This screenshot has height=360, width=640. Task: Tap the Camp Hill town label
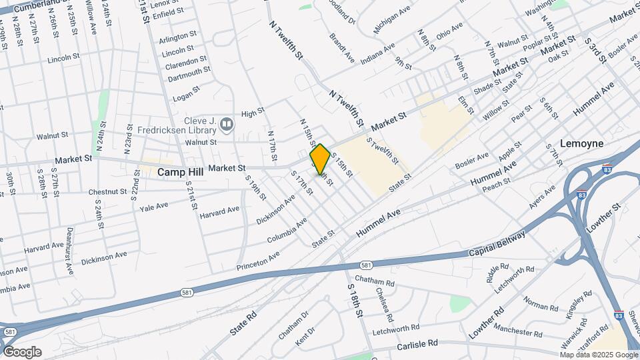[x=180, y=171]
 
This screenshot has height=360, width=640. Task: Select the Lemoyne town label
[x=581, y=143]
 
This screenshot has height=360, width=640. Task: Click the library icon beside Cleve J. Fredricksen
[x=227, y=124]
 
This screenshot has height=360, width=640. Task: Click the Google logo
[x=21, y=352]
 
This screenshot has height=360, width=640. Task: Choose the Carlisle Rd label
[x=415, y=343]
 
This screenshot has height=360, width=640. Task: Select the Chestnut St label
[x=107, y=192]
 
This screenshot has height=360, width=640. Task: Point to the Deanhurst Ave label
[x=69, y=251]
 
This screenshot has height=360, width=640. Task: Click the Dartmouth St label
[x=189, y=71]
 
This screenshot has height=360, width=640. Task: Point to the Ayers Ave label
[x=542, y=197]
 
